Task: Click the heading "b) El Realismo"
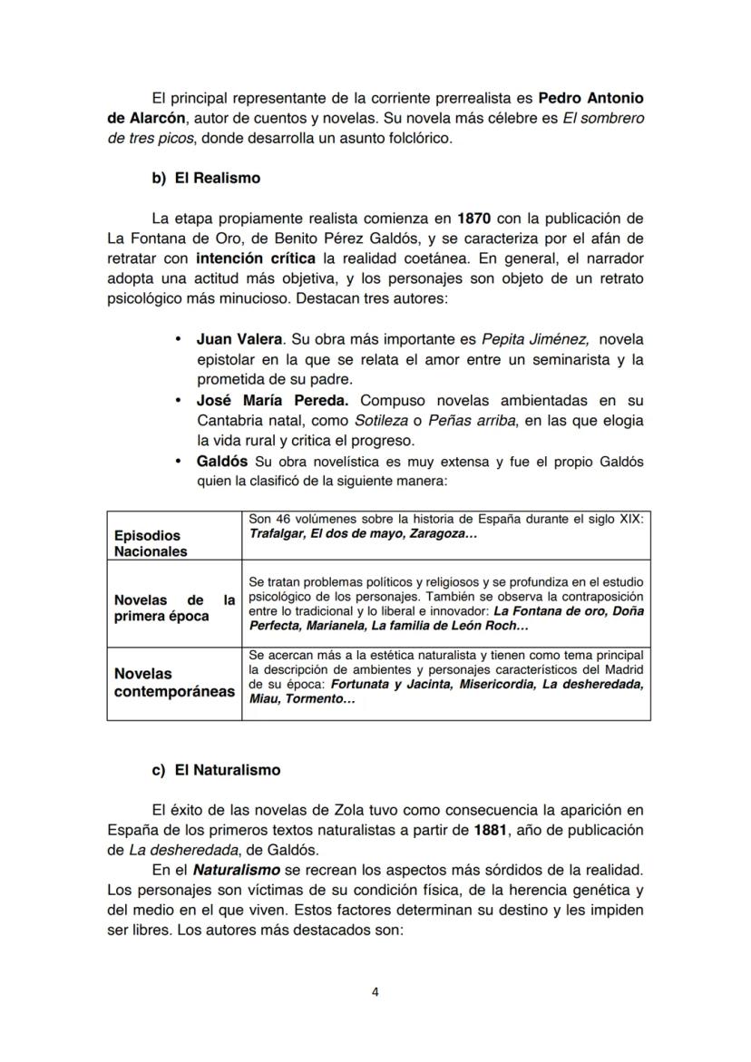tap(206, 178)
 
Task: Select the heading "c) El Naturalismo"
tap(216, 769)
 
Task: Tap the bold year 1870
tap(477, 218)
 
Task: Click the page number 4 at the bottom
tap(375, 991)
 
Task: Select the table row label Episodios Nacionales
tap(151, 543)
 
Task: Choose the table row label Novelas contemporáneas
tap(173, 683)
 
